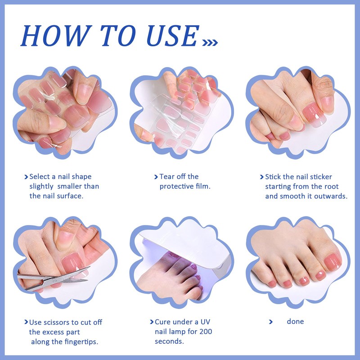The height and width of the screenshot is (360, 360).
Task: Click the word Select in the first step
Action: (40, 176)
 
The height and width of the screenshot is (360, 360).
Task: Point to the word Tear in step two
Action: (168, 176)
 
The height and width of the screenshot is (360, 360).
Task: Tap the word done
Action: (295, 321)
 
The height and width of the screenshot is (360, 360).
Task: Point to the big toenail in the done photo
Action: (333, 260)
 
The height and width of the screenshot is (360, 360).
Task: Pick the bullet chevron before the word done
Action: (271, 322)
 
